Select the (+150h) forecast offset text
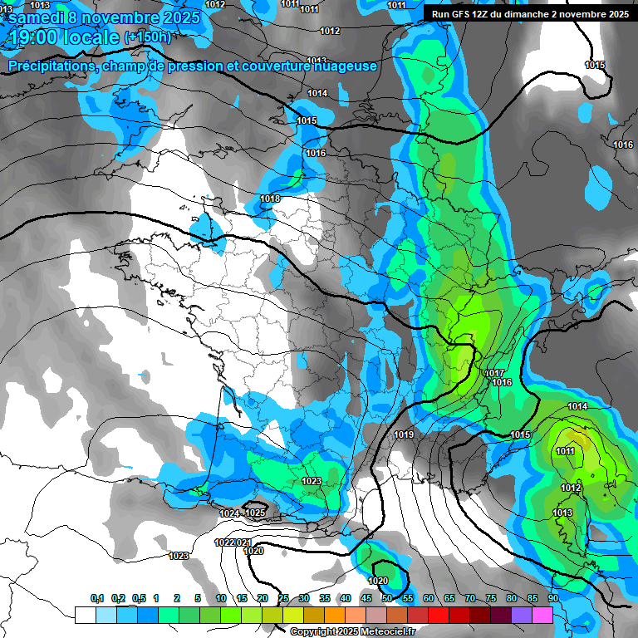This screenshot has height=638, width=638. pos(147,37)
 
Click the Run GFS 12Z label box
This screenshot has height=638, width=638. pos(529,14)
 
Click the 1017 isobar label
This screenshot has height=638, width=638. pos(496,373)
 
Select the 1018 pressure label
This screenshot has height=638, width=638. pos(270,199)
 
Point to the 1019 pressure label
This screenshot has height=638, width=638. pos(404,434)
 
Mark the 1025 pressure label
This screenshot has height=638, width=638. pos(255,513)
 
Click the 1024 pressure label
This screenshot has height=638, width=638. pos(229,513)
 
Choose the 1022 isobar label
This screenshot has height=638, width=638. pos(223,542)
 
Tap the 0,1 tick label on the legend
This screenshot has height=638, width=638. pos(96,598)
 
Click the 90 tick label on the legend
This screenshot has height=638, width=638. pos(552,598)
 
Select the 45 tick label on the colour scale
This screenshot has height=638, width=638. pos(366,598)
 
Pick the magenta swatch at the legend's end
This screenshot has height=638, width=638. pos(542,615)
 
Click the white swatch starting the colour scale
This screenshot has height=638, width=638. pos(85,615)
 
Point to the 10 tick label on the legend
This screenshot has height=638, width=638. pos(220,598)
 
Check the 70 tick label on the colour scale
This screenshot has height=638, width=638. pos(469,598)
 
